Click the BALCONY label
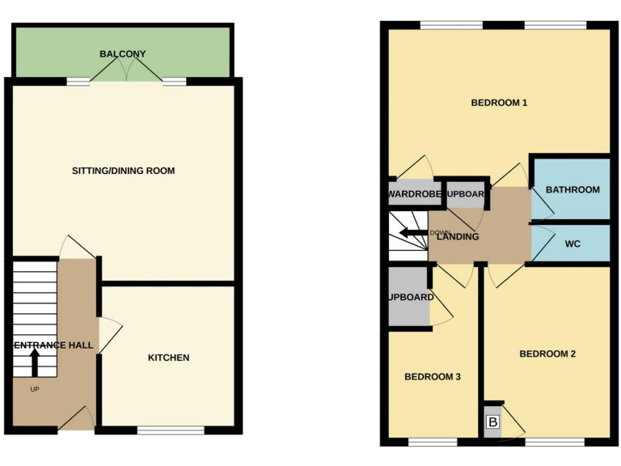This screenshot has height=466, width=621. coord(123,54)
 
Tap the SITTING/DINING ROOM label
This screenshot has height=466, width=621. coord(123,171)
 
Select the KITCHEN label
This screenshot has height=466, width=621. coord(169,358)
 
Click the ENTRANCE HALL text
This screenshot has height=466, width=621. coord(53,345)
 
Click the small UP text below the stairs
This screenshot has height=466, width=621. coord(34,389)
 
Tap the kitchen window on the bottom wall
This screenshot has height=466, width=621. coord(171,430)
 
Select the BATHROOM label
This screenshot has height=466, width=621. coord(572,190)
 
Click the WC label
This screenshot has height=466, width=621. coord(572,244)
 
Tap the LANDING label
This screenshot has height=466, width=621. coord(458,237)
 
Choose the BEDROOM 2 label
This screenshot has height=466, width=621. coord(547,354)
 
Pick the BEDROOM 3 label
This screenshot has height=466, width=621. coord(433,376)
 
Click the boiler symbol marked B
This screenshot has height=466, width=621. coord(492,422)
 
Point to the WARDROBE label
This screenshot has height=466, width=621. coord(413,194)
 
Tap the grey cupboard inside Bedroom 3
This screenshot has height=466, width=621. coord(408,297)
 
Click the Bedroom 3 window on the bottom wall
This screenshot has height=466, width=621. coord(431,443)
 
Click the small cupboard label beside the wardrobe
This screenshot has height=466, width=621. coord(465,194)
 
